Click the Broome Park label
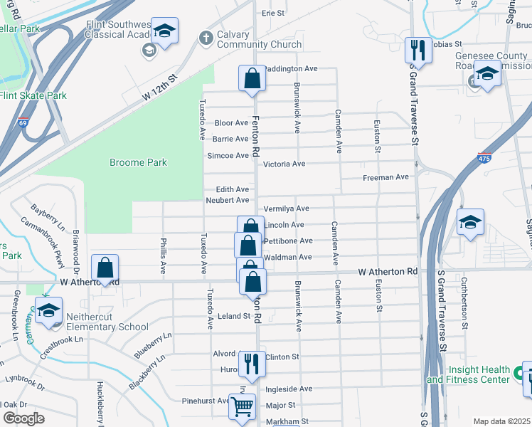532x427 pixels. [x=138, y=162]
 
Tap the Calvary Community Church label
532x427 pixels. [x=250, y=39]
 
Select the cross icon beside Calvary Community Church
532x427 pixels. [x=206, y=38]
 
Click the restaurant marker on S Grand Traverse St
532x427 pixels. [x=417, y=51]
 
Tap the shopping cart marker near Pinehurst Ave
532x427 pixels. [x=242, y=407]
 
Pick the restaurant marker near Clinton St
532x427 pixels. [x=251, y=364]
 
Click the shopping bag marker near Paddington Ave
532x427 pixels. [x=252, y=78]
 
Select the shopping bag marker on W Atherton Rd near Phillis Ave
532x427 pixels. [x=105, y=268]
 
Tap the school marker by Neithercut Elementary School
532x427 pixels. [x=48, y=311]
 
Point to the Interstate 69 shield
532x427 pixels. [x=23, y=123]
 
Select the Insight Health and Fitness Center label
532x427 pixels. [x=478, y=374]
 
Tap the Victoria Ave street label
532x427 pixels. [x=284, y=164]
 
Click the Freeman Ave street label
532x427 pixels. [x=385, y=177]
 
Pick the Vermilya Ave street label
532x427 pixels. [x=286, y=209]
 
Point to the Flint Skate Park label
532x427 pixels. [x=33, y=95]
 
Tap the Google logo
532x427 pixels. [x=23, y=418]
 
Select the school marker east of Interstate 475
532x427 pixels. [x=470, y=222]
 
